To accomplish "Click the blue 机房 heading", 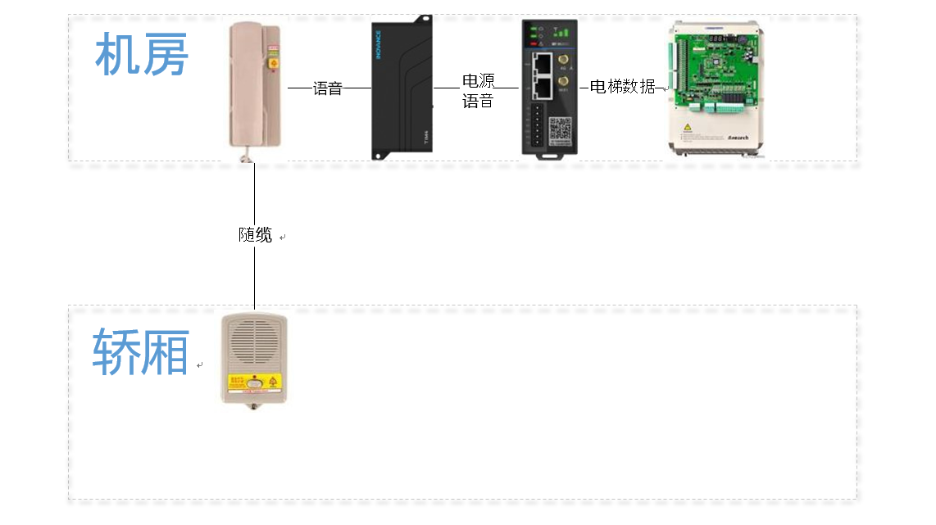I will point(142,55).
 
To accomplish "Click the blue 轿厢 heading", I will point(141,352).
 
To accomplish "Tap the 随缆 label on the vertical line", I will point(255,235).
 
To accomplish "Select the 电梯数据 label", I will point(622,87).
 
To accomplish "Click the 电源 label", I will point(479,81).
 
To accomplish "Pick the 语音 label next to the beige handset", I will point(328,88).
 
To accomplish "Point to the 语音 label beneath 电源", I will point(478,101).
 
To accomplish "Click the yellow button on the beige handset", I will point(274,62).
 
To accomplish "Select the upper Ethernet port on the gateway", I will point(540,62).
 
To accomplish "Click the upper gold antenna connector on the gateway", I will point(565,61).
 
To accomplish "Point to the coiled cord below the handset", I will point(243,156).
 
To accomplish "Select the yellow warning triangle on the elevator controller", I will point(686,128).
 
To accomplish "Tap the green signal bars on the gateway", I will point(563,33).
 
